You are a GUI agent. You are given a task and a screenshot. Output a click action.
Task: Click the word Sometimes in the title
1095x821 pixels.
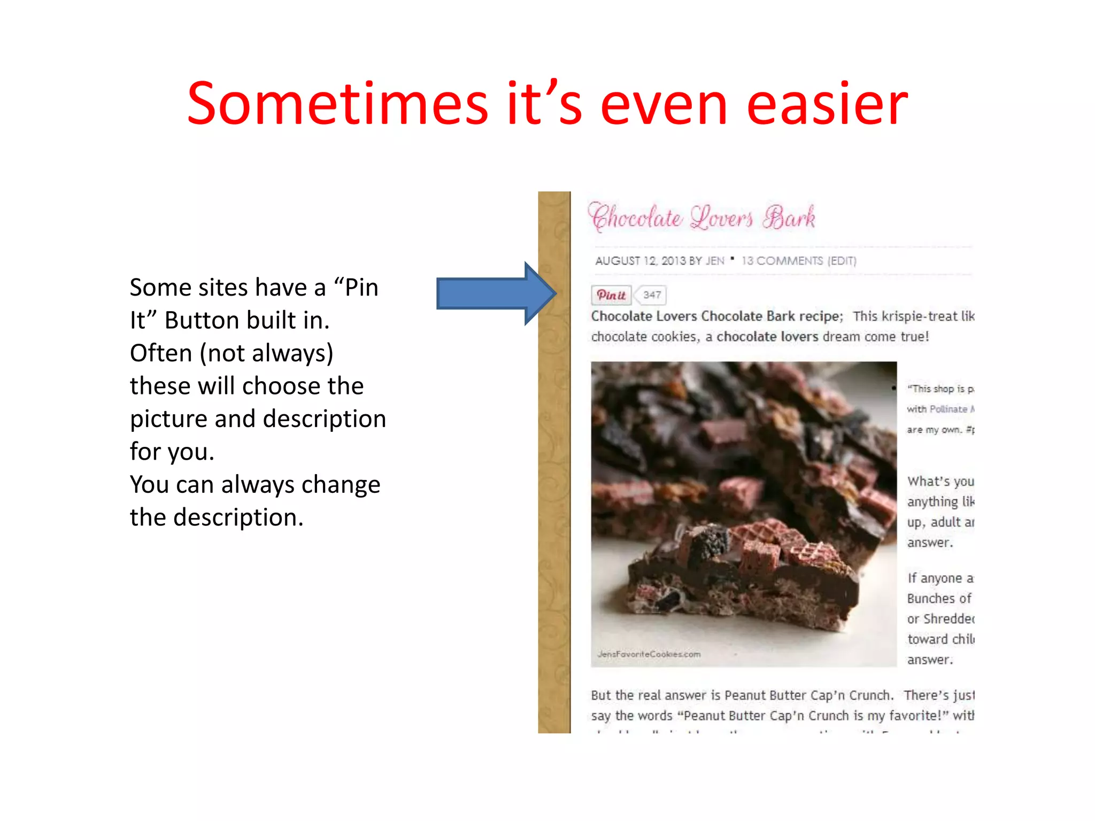coord(337,104)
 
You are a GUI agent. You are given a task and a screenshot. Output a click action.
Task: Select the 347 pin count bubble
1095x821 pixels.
coord(652,295)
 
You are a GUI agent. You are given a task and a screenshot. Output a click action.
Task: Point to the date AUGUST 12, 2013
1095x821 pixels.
coord(640,261)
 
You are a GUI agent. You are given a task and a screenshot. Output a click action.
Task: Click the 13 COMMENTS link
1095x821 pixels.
coord(782,261)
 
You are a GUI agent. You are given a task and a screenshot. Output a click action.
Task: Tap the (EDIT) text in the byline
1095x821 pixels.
coord(842,261)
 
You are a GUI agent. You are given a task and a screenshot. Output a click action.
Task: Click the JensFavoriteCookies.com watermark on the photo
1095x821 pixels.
coord(649,654)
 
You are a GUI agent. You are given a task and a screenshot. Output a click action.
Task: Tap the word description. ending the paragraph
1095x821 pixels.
coord(238,517)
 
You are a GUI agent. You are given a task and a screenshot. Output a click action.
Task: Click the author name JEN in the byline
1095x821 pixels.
coord(715,261)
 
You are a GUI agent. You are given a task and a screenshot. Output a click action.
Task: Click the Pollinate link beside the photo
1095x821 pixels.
coord(949,409)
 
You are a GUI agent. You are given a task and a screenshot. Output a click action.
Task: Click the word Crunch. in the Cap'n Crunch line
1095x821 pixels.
coord(871,695)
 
